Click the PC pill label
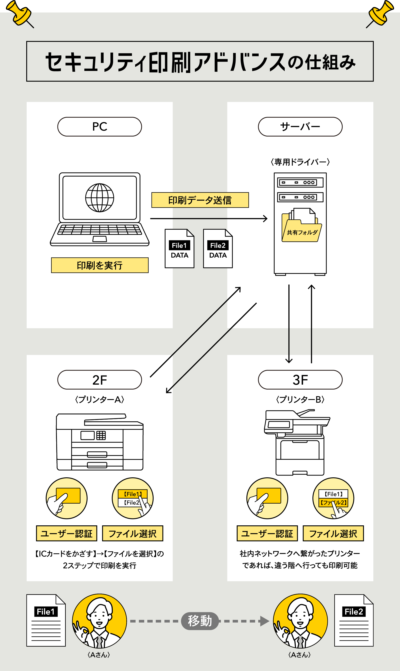coord(100,127)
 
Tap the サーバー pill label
coord(300,127)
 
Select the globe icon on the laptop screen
coord(100,198)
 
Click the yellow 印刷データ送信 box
coord(200,200)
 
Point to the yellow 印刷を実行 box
coord(100,265)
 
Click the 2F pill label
coord(100,380)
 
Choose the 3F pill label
coord(300,380)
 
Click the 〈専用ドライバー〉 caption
coord(300,162)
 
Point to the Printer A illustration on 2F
coord(100,442)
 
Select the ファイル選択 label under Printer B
coord(333,533)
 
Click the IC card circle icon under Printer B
coord(267,498)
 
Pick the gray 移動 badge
coord(200,621)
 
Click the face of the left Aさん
coord(100,615)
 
